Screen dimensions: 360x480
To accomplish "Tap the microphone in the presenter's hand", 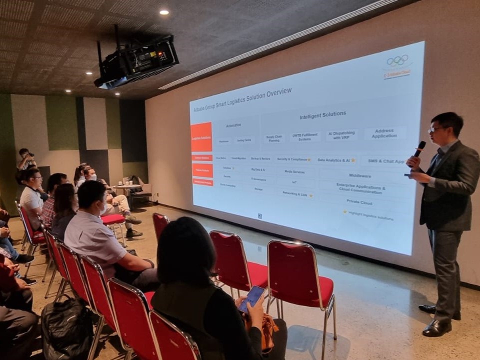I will click(x=419, y=148).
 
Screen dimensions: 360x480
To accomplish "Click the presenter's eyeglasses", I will click(x=435, y=129).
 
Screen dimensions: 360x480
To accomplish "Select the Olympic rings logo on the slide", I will click(x=397, y=60).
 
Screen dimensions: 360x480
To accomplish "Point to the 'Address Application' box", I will click(x=384, y=133).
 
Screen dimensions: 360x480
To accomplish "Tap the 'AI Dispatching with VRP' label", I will click(x=341, y=135).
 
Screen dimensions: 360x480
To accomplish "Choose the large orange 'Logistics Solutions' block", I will click(x=201, y=137).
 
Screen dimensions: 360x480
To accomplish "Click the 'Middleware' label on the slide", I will click(x=360, y=175).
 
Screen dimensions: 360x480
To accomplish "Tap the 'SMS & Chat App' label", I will click(x=385, y=161).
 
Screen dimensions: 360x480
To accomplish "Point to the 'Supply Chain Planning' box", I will click(x=274, y=138).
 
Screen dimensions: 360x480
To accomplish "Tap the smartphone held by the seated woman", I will click(x=251, y=298).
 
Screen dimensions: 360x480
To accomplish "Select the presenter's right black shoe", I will click(x=436, y=328).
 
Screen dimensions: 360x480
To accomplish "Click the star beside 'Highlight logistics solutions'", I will click(x=344, y=212).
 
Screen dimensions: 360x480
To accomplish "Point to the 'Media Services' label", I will click(x=294, y=171).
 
